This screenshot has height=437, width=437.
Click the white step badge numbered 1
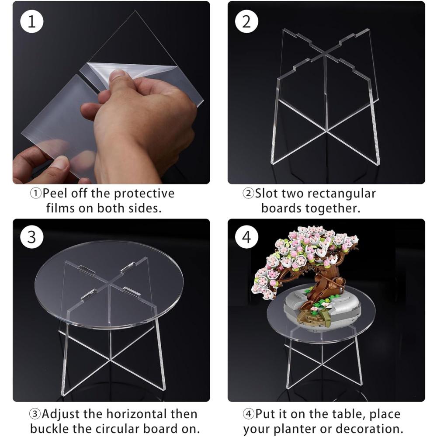(x=32, y=22)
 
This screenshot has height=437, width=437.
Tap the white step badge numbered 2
(x=247, y=22)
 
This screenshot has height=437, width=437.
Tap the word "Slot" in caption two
(x=267, y=194)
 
